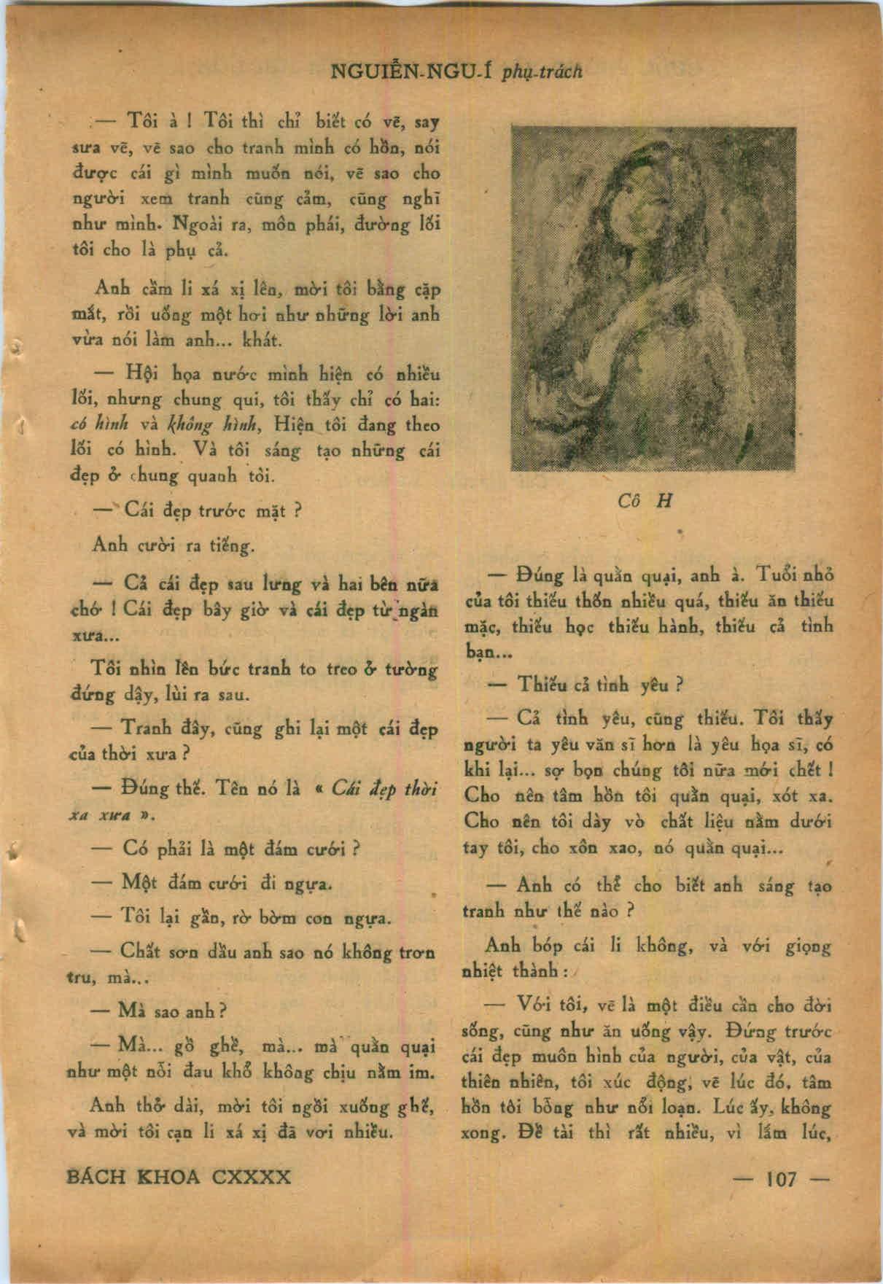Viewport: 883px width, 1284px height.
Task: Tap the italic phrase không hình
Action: (200, 426)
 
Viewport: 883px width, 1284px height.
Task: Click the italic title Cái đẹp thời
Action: (384, 790)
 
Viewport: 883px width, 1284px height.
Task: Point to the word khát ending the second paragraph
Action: (253, 341)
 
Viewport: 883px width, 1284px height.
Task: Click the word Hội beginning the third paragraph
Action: (143, 374)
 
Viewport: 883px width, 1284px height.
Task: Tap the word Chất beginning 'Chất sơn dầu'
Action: (144, 952)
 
